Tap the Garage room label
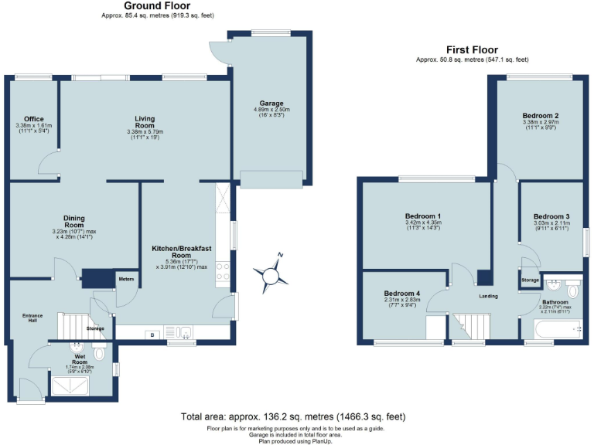coord(271,103)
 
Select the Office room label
coord(33,119)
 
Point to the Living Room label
coord(145,122)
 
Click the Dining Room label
coord(53,222)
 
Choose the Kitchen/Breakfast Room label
coord(181,250)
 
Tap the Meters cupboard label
coord(126,278)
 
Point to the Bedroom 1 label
coord(423,216)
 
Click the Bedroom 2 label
coord(541,116)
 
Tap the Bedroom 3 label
coord(551,216)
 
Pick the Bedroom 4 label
coord(403,294)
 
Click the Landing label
coord(487,297)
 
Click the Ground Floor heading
coord(158,6)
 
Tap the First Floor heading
coord(472,50)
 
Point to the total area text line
coord(297,416)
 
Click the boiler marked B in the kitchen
coord(152,334)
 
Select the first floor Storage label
coord(530,280)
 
